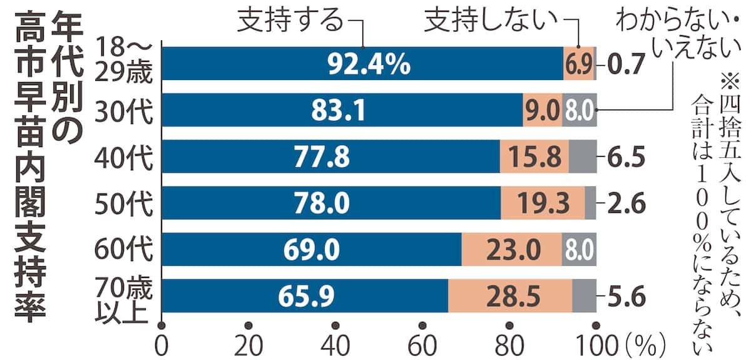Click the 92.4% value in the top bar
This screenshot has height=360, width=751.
click(x=369, y=64)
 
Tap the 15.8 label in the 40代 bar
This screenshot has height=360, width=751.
click(x=534, y=157)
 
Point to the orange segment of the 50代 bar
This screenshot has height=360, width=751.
click(x=543, y=203)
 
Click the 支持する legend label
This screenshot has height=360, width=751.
click(x=290, y=21)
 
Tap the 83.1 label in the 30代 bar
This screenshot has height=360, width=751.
click(x=339, y=110)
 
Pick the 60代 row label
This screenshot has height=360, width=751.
click(x=124, y=250)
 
